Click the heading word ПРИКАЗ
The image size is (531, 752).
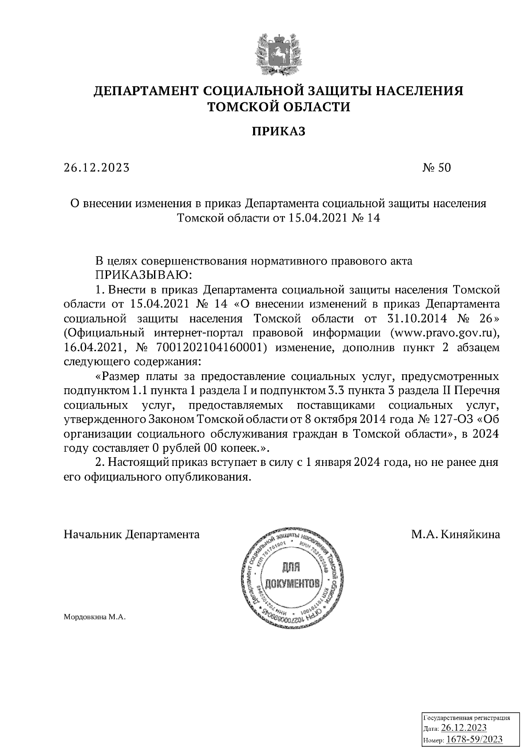click(279, 132)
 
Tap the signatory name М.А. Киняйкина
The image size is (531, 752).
click(455, 535)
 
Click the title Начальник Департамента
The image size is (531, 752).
click(131, 535)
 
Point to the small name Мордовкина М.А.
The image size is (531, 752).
click(95, 617)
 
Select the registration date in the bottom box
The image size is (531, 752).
click(464, 729)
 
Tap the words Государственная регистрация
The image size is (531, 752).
click(467, 718)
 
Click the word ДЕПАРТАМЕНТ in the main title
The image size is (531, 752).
click(146, 91)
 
